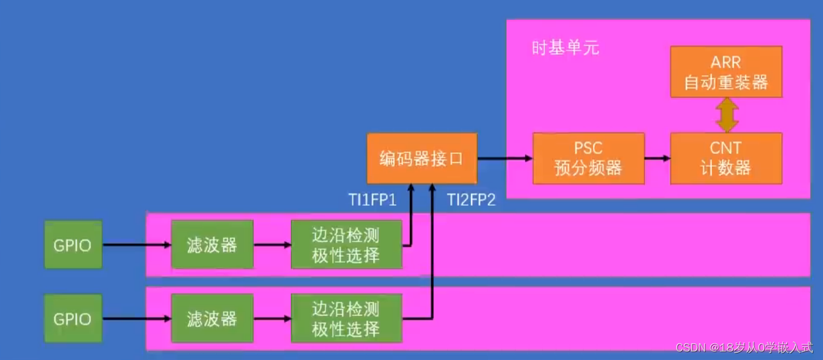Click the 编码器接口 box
click(421, 158)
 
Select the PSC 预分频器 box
click(588, 158)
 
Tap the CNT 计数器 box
click(726, 158)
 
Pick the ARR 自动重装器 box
click(726, 72)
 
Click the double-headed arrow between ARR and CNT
click(727, 115)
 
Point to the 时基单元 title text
click(565, 48)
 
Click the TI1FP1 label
click(371, 201)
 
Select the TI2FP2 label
click(471, 201)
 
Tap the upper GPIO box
click(72, 245)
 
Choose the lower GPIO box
click(72, 319)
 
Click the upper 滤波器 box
click(212, 245)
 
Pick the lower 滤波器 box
click(212, 319)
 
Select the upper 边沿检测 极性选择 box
click(346, 245)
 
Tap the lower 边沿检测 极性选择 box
click(346, 320)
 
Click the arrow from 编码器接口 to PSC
click(505, 158)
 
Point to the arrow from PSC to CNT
click(657, 158)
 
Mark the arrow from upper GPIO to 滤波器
click(136, 245)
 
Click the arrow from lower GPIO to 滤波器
click(136, 319)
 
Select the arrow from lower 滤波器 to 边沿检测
click(272, 319)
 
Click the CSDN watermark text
click(744, 347)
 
